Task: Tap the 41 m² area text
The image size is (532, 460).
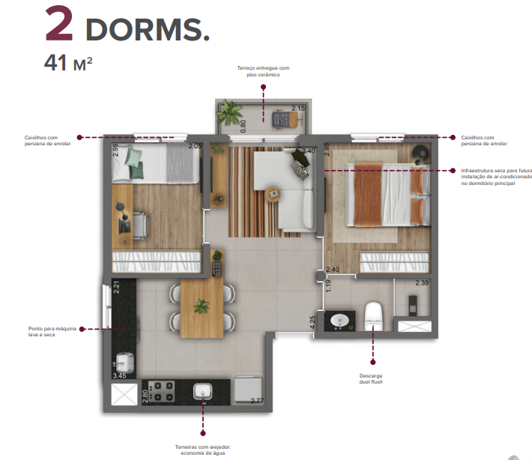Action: [x=68, y=63]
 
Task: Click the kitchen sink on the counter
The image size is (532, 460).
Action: [x=203, y=392]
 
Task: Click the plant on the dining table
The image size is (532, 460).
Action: [x=201, y=305]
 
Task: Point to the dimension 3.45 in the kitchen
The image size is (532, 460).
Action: [x=119, y=375]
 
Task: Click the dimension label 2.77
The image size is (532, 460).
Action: [x=258, y=402]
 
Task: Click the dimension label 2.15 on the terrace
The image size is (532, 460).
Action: [x=298, y=109]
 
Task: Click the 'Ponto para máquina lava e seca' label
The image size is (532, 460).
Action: [x=50, y=331]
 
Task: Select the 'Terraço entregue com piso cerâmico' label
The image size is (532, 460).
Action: [x=263, y=71]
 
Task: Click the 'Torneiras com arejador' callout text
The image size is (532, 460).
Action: [x=203, y=450]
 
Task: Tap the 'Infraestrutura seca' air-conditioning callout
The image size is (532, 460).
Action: [x=496, y=177]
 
